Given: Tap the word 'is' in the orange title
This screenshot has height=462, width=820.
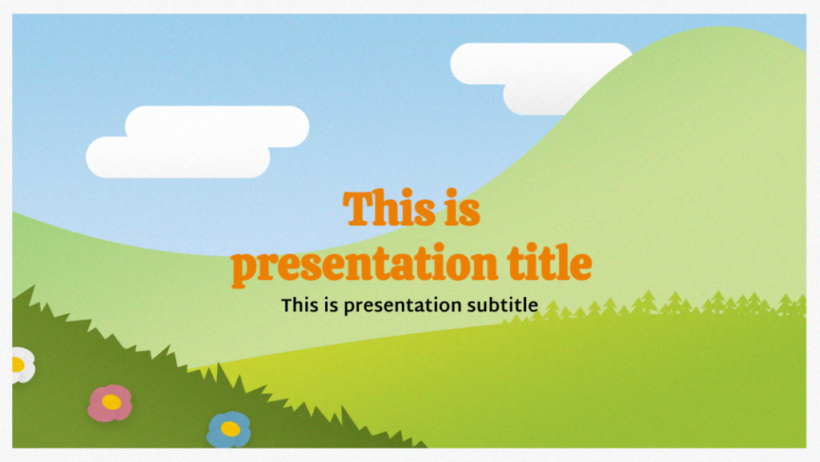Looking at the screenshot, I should (460, 210).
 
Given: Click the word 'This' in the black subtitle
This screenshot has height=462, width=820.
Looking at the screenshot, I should (299, 305).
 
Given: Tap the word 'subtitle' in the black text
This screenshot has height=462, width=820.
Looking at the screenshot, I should (502, 305).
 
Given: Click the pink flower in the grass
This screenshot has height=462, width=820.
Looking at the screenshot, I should (110, 403).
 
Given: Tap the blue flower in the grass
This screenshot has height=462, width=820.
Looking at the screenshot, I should (229, 429).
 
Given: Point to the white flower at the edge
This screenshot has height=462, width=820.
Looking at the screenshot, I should (21, 365).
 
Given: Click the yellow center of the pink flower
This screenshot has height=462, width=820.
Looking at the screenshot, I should (111, 403).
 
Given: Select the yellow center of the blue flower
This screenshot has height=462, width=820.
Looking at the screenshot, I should (230, 429).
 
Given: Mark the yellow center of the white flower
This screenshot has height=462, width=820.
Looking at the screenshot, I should (16, 365).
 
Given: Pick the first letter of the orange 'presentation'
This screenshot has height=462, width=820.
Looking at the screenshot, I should (243, 267).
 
